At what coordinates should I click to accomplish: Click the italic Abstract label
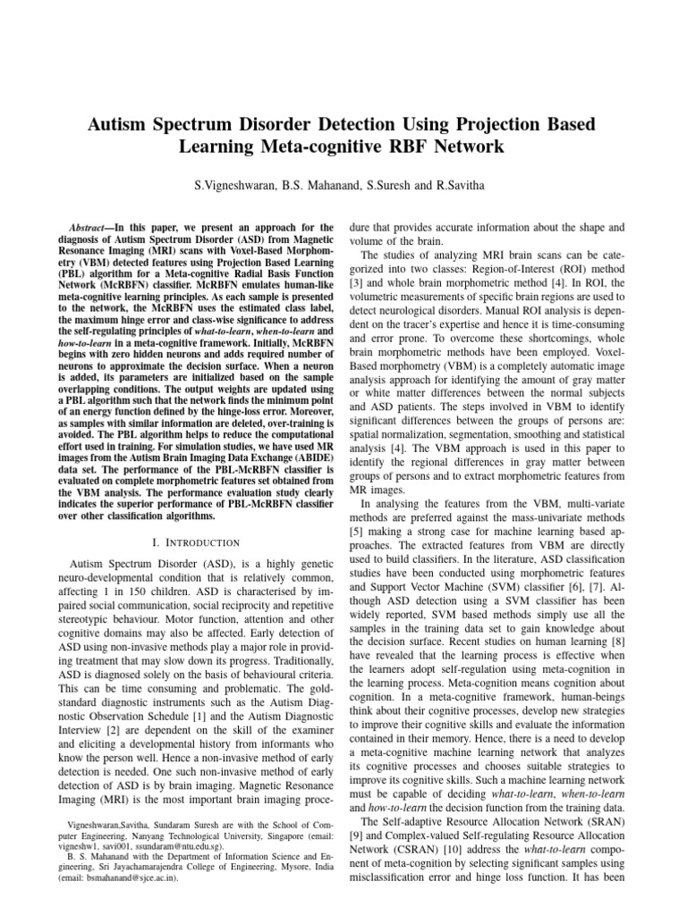point(88,229)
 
